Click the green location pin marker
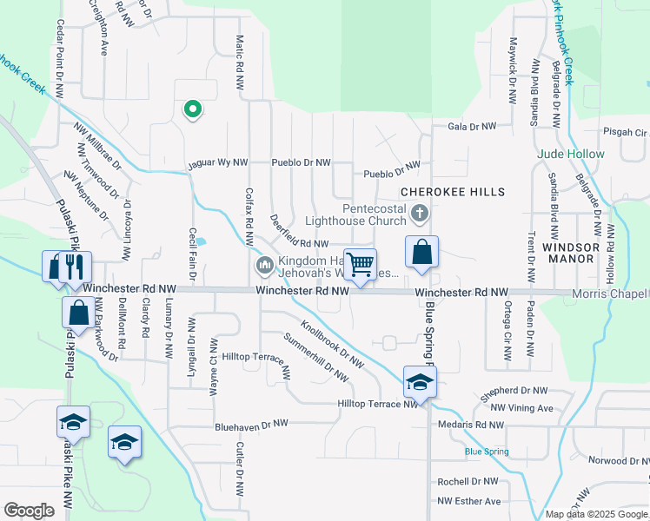(192, 109)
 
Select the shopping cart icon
(360, 264)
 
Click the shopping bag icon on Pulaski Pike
(78, 313)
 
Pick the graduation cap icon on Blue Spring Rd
(420, 382)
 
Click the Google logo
(29, 511)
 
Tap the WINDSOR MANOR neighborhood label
(570, 253)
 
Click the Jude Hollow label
(571, 154)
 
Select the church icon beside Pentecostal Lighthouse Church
(419, 214)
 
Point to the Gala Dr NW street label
(471, 127)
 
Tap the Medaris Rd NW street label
(470, 425)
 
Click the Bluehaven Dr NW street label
(251, 425)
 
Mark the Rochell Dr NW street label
(468, 481)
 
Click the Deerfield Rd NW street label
(298, 232)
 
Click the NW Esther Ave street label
(469, 501)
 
